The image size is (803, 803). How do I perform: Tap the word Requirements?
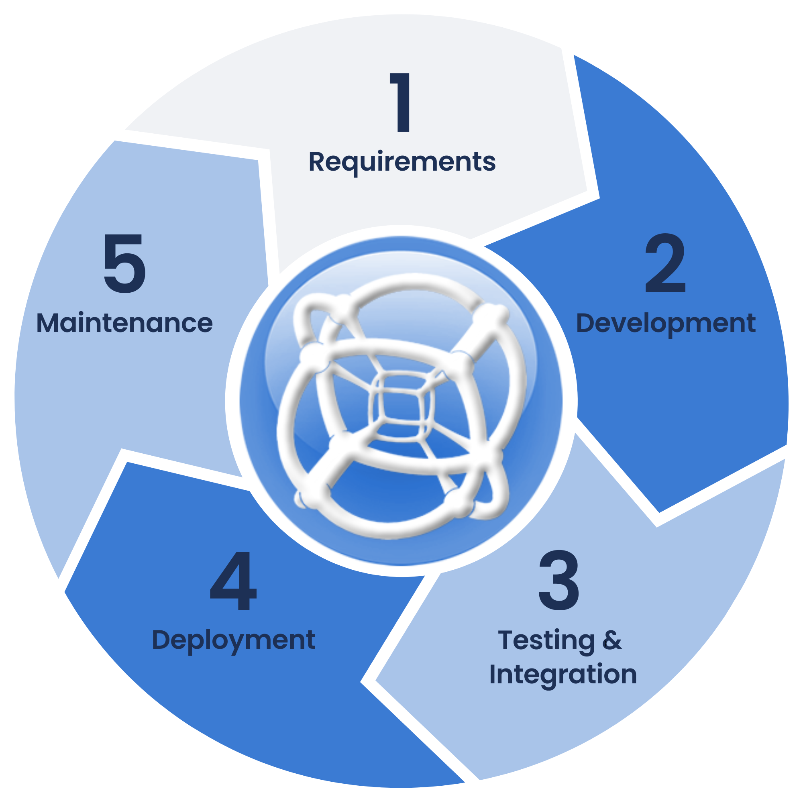pyautogui.click(x=402, y=162)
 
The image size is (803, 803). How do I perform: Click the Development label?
pyautogui.click(x=665, y=323)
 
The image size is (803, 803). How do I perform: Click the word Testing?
pyautogui.click(x=546, y=640)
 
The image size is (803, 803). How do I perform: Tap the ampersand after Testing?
pyautogui.click(x=612, y=640)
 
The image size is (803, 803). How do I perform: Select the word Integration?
pyautogui.click(x=563, y=675)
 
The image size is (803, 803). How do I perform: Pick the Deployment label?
pyautogui.click(x=234, y=640)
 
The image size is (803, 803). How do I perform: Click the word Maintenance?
pyautogui.click(x=125, y=323)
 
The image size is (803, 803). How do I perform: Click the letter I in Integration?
pyautogui.click(x=493, y=674)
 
